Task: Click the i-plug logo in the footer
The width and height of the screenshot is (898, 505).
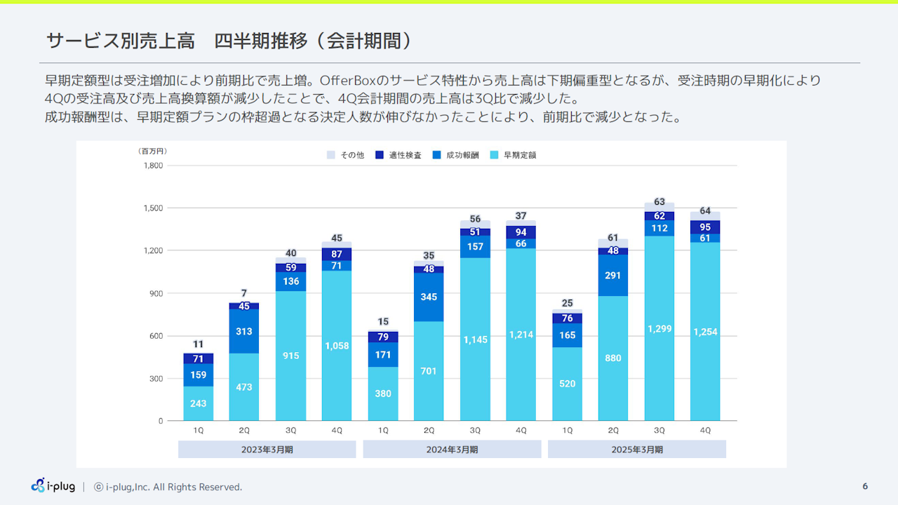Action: [x=53, y=485]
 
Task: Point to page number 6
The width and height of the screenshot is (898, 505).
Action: [x=865, y=486]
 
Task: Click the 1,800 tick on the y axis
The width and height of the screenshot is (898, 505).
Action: [x=152, y=166]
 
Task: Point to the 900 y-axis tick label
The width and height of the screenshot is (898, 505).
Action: [x=155, y=293]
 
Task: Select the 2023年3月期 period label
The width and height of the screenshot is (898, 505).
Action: [x=267, y=450]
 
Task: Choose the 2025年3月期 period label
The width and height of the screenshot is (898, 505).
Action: [x=636, y=450]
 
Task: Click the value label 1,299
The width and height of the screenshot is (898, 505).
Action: [x=659, y=329]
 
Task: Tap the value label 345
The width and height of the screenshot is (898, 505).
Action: [x=429, y=297]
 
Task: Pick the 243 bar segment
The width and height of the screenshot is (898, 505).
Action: [x=199, y=403]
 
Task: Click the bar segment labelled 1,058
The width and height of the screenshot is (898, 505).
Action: [x=337, y=346]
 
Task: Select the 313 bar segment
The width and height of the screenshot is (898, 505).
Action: [x=244, y=331]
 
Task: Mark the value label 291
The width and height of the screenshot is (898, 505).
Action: [x=612, y=276]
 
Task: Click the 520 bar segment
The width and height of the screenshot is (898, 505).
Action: [x=567, y=384]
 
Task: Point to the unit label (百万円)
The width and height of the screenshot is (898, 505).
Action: [x=152, y=151]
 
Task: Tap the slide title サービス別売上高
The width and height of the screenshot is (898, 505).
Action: [x=120, y=41]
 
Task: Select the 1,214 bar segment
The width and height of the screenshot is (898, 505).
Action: [x=521, y=335]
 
